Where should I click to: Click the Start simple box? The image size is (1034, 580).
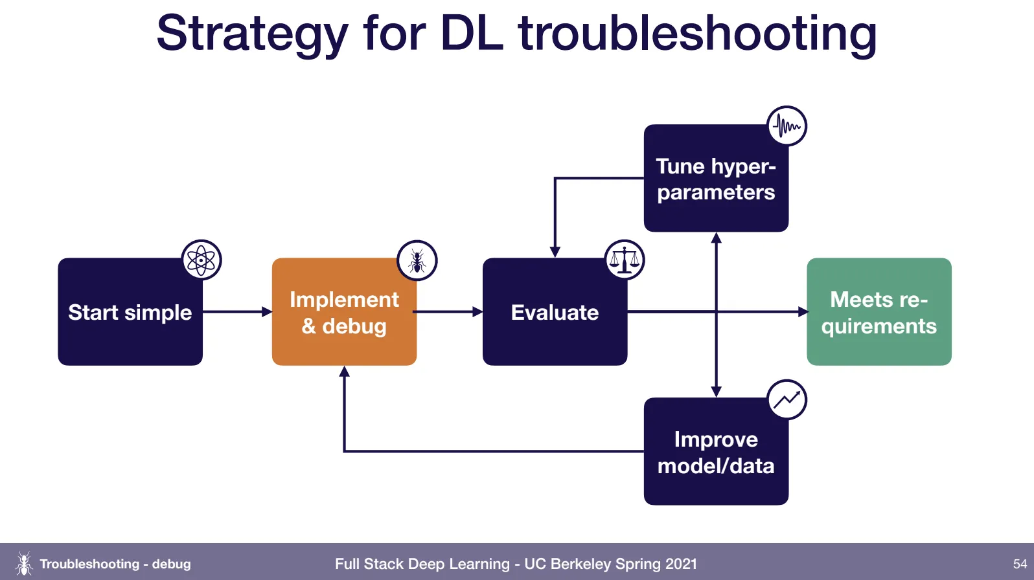(130, 312)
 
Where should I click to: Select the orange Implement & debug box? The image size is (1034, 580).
(344, 312)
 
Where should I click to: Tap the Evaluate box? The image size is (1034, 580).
(555, 312)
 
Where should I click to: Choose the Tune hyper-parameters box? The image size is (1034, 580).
(716, 179)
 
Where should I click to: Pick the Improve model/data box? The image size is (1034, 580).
(716, 452)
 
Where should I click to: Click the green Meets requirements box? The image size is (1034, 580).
(879, 312)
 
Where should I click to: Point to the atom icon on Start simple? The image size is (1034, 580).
(201, 260)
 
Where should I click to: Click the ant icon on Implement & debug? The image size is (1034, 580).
(417, 260)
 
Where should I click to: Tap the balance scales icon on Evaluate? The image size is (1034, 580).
(625, 260)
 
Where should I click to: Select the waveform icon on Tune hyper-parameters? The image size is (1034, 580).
(787, 126)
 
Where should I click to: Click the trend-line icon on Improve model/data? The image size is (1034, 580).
(787, 399)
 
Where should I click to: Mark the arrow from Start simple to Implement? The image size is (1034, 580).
(237, 312)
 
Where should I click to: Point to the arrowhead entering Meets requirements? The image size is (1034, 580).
(803, 312)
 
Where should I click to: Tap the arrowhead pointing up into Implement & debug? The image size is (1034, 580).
(345, 372)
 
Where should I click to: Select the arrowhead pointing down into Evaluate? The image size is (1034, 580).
(555, 252)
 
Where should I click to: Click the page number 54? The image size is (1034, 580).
(1020, 564)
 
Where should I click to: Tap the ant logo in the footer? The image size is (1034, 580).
(24, 563)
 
